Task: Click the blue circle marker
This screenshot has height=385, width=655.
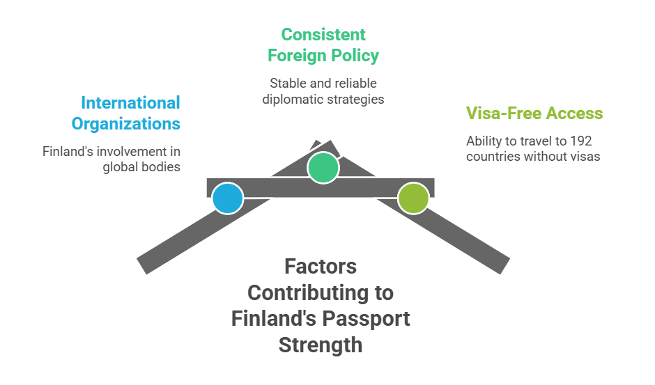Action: (x=228, y=198)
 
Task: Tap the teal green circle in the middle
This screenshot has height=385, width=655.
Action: (x=323, y=168)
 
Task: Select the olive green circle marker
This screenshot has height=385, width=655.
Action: (x=413, y=198)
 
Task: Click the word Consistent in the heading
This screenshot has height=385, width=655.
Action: (x=323, y=34)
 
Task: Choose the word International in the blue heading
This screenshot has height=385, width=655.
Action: (x=130, y=103)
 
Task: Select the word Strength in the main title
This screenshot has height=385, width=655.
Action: (x=321, y=345)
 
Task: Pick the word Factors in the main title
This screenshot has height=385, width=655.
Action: (x=321, y=266)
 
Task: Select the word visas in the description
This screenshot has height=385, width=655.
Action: (x=584, y=156)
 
